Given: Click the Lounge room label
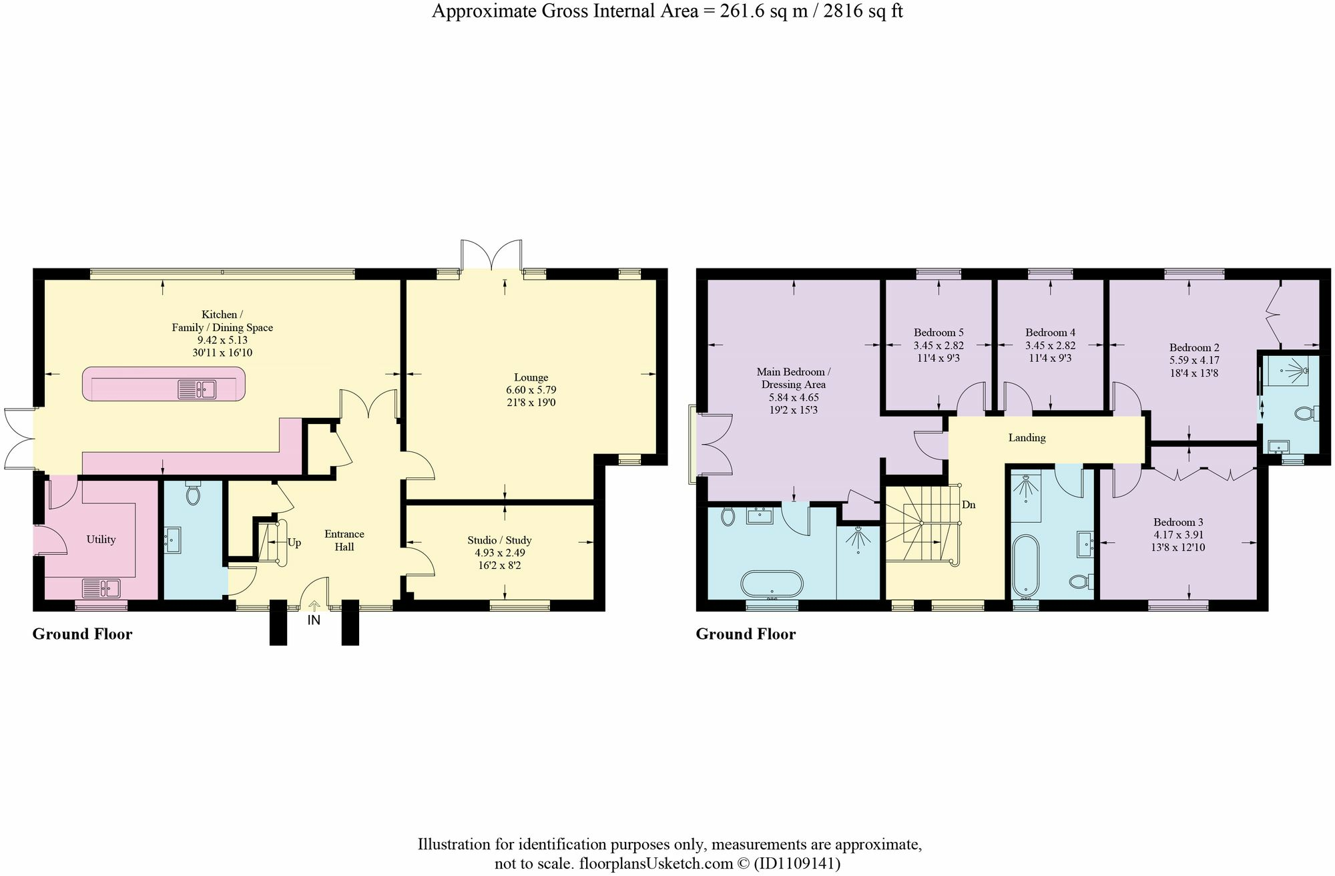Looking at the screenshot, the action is click(531, 377).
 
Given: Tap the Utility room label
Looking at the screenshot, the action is click(101, 539).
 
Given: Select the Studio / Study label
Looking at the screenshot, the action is click(499, 540).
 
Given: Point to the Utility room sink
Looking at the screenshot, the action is click(101, 588).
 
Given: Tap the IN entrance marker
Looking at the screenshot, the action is click(314, 620).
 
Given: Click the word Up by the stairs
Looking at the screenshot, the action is click(294, 543).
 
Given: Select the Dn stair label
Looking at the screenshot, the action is click(969, 505).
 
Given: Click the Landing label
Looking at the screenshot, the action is click(1027, 438).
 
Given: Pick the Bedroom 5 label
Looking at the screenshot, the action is click(939, 333).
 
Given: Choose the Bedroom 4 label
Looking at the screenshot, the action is click(1050, 333).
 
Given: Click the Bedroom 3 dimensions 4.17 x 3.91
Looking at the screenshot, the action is click(1178, 535).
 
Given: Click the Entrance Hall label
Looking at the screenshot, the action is click(344, 540).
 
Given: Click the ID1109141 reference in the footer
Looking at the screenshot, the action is click(797, 864).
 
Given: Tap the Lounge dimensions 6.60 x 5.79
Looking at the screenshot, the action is click(531, 390).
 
